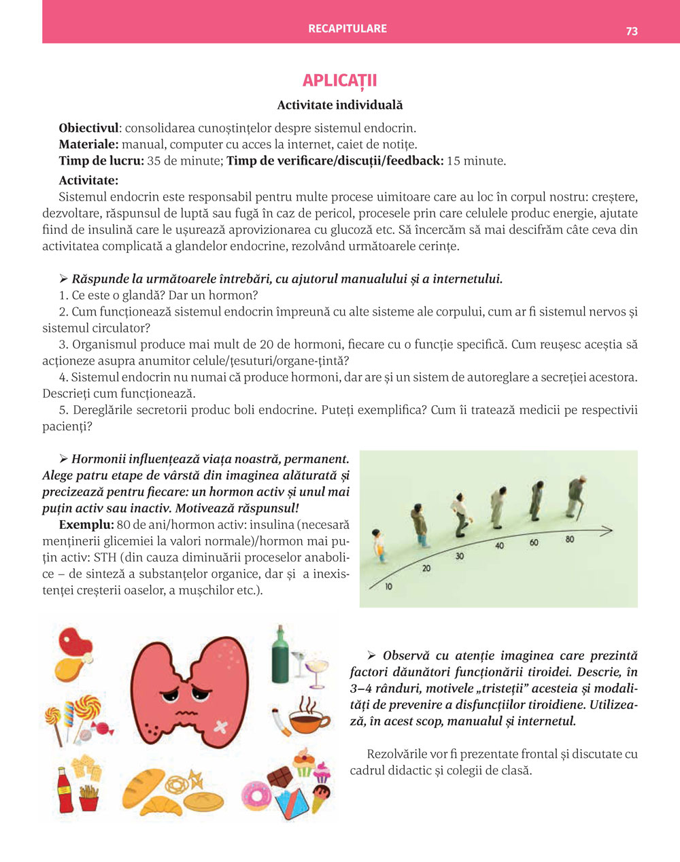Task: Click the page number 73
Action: [632, 31]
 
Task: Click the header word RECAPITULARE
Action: [347, 29]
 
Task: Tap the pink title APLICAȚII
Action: [339, 80]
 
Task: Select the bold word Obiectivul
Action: [88, 128]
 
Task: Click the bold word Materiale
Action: [88, 144]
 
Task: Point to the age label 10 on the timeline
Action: [388, 586]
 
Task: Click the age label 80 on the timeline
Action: [569, 539]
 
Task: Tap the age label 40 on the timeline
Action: [500, 545]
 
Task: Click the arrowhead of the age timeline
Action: [607, 530]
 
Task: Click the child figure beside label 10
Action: [379, 545]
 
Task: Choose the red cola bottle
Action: [65, 790]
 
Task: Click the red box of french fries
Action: [89, 797]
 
